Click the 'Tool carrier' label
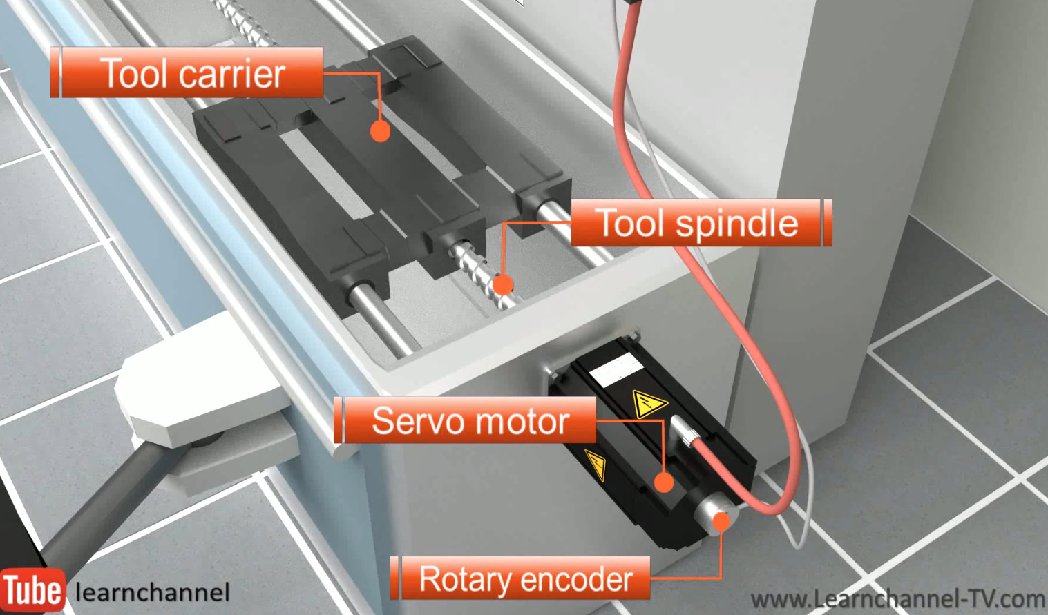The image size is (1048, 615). [187, 72]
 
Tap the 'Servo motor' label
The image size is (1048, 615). [466, 420]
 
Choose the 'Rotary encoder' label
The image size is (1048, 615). [522, 578]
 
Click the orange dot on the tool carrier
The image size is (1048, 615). [380, 131]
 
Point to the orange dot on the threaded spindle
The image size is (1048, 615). [503, 284]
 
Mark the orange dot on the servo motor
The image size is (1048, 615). [663, 482]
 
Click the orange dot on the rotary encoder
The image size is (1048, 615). [721, 520]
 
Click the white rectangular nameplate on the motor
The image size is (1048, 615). [616, 369]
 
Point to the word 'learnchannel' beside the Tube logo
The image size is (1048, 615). [152, 592]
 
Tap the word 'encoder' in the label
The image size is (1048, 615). [580, 578]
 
